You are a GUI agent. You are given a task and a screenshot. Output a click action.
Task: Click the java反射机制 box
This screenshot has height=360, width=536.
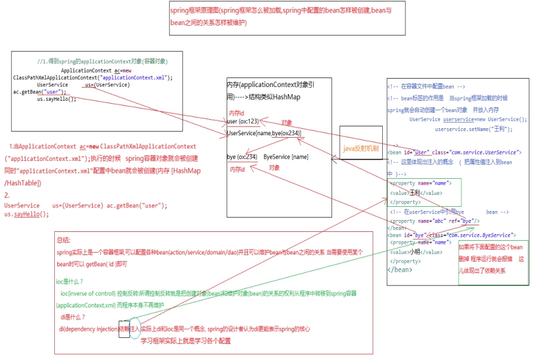361,148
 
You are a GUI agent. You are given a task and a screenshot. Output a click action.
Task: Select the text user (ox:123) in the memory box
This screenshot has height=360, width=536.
243,122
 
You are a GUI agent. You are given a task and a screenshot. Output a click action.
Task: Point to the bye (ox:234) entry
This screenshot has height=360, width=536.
242,157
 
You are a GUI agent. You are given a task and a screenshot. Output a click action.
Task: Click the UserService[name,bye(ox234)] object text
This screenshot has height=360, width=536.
264,133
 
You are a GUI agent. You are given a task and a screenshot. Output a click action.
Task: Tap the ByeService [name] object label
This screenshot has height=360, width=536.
286,157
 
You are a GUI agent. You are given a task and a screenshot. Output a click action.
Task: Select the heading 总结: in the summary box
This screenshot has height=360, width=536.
63,240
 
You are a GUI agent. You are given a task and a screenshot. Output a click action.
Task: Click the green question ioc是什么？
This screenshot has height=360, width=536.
70,281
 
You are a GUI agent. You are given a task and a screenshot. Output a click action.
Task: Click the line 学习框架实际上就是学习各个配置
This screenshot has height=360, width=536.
185,341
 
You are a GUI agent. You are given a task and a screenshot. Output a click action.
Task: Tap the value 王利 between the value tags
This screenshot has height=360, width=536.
415,193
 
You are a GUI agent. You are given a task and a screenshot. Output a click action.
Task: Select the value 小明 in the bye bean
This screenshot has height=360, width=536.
415,252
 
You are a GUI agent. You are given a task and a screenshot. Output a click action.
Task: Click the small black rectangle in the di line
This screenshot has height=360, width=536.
124,329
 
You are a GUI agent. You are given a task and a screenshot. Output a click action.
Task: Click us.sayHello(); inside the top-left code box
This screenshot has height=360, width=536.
57,99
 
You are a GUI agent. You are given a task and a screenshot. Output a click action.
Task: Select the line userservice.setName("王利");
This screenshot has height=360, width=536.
473,129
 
